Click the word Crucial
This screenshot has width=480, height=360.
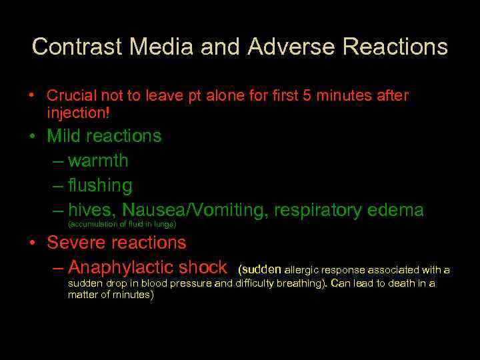click(x=71, y=96)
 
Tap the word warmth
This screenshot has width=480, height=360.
click(x=98, y=161)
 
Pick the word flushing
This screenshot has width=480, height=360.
click(x=100, y=185)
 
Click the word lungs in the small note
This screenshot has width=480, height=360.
click(x=162, y=225)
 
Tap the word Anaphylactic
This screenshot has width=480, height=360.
click(x=123, y=267)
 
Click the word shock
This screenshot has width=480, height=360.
click(x=203, y=267)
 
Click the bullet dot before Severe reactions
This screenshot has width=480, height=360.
click(x=32, y=243)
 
